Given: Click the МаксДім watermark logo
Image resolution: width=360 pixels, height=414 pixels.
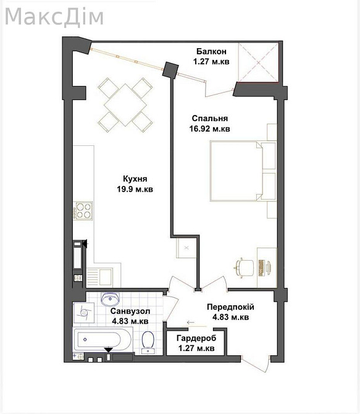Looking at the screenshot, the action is pyautogui.click(x=54, y=17).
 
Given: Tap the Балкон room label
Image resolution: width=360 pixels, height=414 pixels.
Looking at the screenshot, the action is pyautogui.click(x=211, y=51).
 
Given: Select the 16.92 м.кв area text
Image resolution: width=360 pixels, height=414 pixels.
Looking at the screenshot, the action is pyautogui.click(x=209, y=129).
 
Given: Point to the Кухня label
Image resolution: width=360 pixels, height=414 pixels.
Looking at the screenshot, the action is pyautogui.click(x=135, y=179).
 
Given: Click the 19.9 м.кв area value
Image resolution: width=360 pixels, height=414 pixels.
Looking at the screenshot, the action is pyautogui.click(x=135, y=189).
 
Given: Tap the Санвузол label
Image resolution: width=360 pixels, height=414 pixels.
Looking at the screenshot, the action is pyautogui.click(x=130, y=311).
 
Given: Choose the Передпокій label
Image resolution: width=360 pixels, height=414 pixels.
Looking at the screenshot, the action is pyautogui.click(x=230, y=307).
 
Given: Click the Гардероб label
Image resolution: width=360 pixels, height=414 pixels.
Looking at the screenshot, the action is pyautogui.click(x=196, y=338).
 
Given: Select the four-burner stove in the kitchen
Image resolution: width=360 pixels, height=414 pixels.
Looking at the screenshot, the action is pyautogui.click(x=83, y=211).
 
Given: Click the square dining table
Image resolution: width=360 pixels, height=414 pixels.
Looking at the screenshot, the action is pyautogui.click(x=125, y=105).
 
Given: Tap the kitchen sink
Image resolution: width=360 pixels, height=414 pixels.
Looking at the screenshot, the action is pyautogui.click(x=99, y=276).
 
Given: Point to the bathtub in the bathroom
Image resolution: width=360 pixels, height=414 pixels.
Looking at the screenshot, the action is pyautogui.click(x=103, y=339).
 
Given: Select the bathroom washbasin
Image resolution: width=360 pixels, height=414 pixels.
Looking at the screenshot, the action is pyautogui.click(x=110, y=298).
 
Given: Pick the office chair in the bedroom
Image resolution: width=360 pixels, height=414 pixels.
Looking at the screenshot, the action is pyautogui.click(x=244, y=268).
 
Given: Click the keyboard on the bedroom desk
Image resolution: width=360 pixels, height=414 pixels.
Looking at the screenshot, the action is pyautogui.click(x=262, y=268).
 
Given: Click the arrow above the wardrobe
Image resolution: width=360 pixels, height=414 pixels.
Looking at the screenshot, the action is pyautogui.click(x=190, y=323).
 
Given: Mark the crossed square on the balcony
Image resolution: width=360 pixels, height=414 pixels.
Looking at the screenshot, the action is pyautogui.click(x=258, y=62).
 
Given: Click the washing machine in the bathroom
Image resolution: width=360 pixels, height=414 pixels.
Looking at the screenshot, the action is pyautogui.click(x=84, y=313).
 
